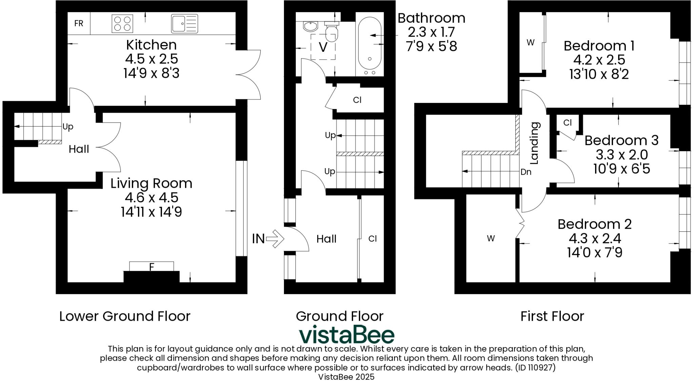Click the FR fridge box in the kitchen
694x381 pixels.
point(79,23)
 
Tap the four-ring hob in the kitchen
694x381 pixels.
point(122,24)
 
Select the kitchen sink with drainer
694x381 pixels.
point(184,24)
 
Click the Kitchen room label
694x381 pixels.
point(151,45)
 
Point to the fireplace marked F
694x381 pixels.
point(151,267)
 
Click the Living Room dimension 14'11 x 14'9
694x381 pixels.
point(151,212)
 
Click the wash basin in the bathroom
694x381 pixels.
point(310,26)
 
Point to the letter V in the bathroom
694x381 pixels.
point(323,47)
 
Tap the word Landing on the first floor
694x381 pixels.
point(534,143)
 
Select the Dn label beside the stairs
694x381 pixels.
point(526,172)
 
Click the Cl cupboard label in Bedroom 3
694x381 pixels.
point(567,123)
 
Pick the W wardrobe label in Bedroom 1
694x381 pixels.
point(530,43)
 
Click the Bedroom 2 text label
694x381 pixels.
point(594,224)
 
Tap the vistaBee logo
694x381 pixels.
point(346,335)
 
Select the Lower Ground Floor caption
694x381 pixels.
point(125,316)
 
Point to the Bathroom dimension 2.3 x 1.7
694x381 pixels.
point(431,32)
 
